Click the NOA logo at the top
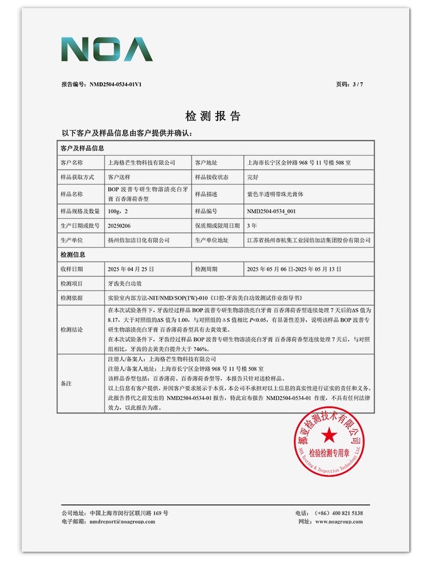107,50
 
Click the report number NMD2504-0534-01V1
116,84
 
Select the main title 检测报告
213,116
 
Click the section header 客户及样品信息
82,148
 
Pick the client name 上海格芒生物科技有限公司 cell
142,163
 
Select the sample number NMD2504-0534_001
271,211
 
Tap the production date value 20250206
120,226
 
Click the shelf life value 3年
252,226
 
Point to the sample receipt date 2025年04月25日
131,269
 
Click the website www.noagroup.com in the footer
339,522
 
